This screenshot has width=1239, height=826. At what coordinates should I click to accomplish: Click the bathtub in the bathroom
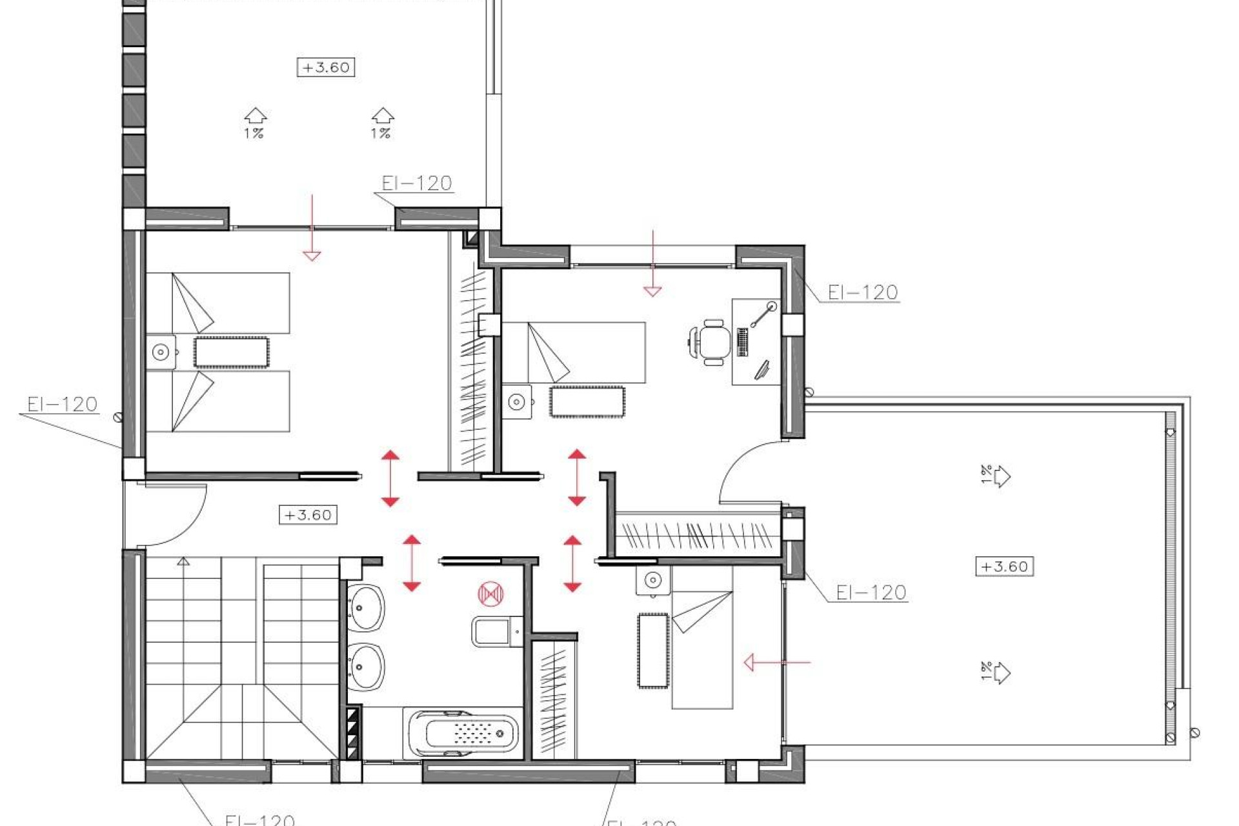463,734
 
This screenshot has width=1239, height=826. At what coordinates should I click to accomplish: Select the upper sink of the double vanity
366,607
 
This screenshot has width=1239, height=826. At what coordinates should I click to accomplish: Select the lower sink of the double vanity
366,666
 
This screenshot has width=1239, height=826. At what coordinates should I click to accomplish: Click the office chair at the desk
712,341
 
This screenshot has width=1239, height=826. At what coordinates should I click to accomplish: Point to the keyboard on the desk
742,342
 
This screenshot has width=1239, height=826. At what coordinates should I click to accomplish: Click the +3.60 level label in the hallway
308,515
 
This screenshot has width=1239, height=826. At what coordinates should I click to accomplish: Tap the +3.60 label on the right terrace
1004,567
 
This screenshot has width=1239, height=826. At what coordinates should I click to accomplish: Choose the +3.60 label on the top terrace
326,67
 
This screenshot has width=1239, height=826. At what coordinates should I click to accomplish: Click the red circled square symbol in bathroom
490,594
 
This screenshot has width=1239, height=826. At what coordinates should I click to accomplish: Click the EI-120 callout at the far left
62,405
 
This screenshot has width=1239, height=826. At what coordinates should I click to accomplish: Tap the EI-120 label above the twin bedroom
416,183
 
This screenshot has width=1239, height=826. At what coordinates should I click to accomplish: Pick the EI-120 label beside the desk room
862,292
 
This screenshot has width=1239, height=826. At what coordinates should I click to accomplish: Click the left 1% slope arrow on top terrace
256,117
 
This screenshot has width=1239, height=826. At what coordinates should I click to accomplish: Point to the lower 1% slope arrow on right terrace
1000,673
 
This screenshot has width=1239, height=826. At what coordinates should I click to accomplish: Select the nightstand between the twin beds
161,352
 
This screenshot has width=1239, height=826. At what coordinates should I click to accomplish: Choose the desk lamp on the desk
764,314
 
